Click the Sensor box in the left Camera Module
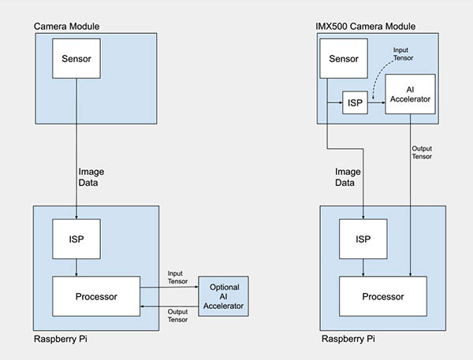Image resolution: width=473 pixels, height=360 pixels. [x=76, y=58]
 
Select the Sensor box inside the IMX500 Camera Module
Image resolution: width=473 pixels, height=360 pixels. [x=344, y=58]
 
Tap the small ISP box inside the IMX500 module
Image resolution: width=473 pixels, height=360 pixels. [x=355, y=102]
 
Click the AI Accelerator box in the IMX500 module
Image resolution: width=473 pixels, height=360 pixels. [x=410, y=94]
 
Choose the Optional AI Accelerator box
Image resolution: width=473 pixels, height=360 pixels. [x=224, y=296]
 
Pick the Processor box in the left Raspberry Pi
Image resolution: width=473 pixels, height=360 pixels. [x=96, y=296]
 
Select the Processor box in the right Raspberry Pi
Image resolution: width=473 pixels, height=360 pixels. [x=383, y=296]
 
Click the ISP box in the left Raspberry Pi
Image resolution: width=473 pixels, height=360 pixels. [x=76, y=239]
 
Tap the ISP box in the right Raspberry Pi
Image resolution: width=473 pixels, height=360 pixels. [x=363, y=239]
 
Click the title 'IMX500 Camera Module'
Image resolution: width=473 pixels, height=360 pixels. [x=365, y=26]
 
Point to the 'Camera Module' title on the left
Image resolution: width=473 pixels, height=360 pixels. [x=67, y=26]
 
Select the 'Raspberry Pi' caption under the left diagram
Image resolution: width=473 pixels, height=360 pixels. [x=61, y=339]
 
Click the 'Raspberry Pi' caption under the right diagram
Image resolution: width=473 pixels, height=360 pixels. [x=348, y=339]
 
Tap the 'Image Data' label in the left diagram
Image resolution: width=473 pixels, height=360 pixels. [x=91, y=177]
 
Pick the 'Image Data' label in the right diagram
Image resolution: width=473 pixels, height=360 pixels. [x=348, y=177]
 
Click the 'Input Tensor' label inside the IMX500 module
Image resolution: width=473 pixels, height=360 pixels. [x=403, y=54]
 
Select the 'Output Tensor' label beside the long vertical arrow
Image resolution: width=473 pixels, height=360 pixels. [x=422, y=153]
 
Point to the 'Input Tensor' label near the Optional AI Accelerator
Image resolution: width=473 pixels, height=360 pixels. [x=177, y=277]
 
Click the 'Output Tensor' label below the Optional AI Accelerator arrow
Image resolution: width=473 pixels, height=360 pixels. [x=177, y=316]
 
